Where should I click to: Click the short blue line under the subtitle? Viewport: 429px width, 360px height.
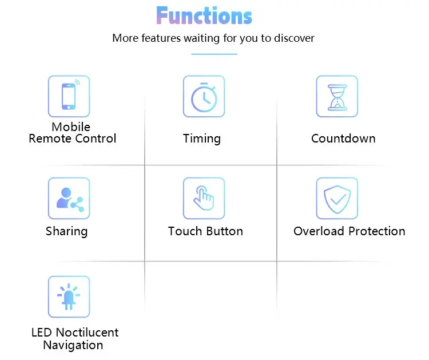(214, 54)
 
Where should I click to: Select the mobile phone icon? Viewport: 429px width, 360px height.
(69, 96)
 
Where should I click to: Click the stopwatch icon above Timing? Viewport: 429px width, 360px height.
(204, 96)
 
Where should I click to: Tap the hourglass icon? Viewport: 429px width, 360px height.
(337, 96)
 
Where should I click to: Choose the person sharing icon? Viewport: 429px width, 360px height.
(69, 198)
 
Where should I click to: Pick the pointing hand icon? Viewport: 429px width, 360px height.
(204, 198)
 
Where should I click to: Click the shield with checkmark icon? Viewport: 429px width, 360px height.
(337, 198)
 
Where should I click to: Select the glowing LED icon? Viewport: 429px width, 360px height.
(69, 296)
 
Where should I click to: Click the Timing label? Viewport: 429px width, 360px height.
(201, 139)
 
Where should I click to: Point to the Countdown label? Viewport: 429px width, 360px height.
(343, 139)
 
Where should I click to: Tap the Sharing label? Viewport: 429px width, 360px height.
(66, 231)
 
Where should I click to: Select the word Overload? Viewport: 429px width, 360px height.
(318, 231)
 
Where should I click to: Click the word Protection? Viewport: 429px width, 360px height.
(376, 231)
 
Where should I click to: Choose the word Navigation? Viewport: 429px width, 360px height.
(73, 345)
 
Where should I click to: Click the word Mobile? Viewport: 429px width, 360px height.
(71, 127)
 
